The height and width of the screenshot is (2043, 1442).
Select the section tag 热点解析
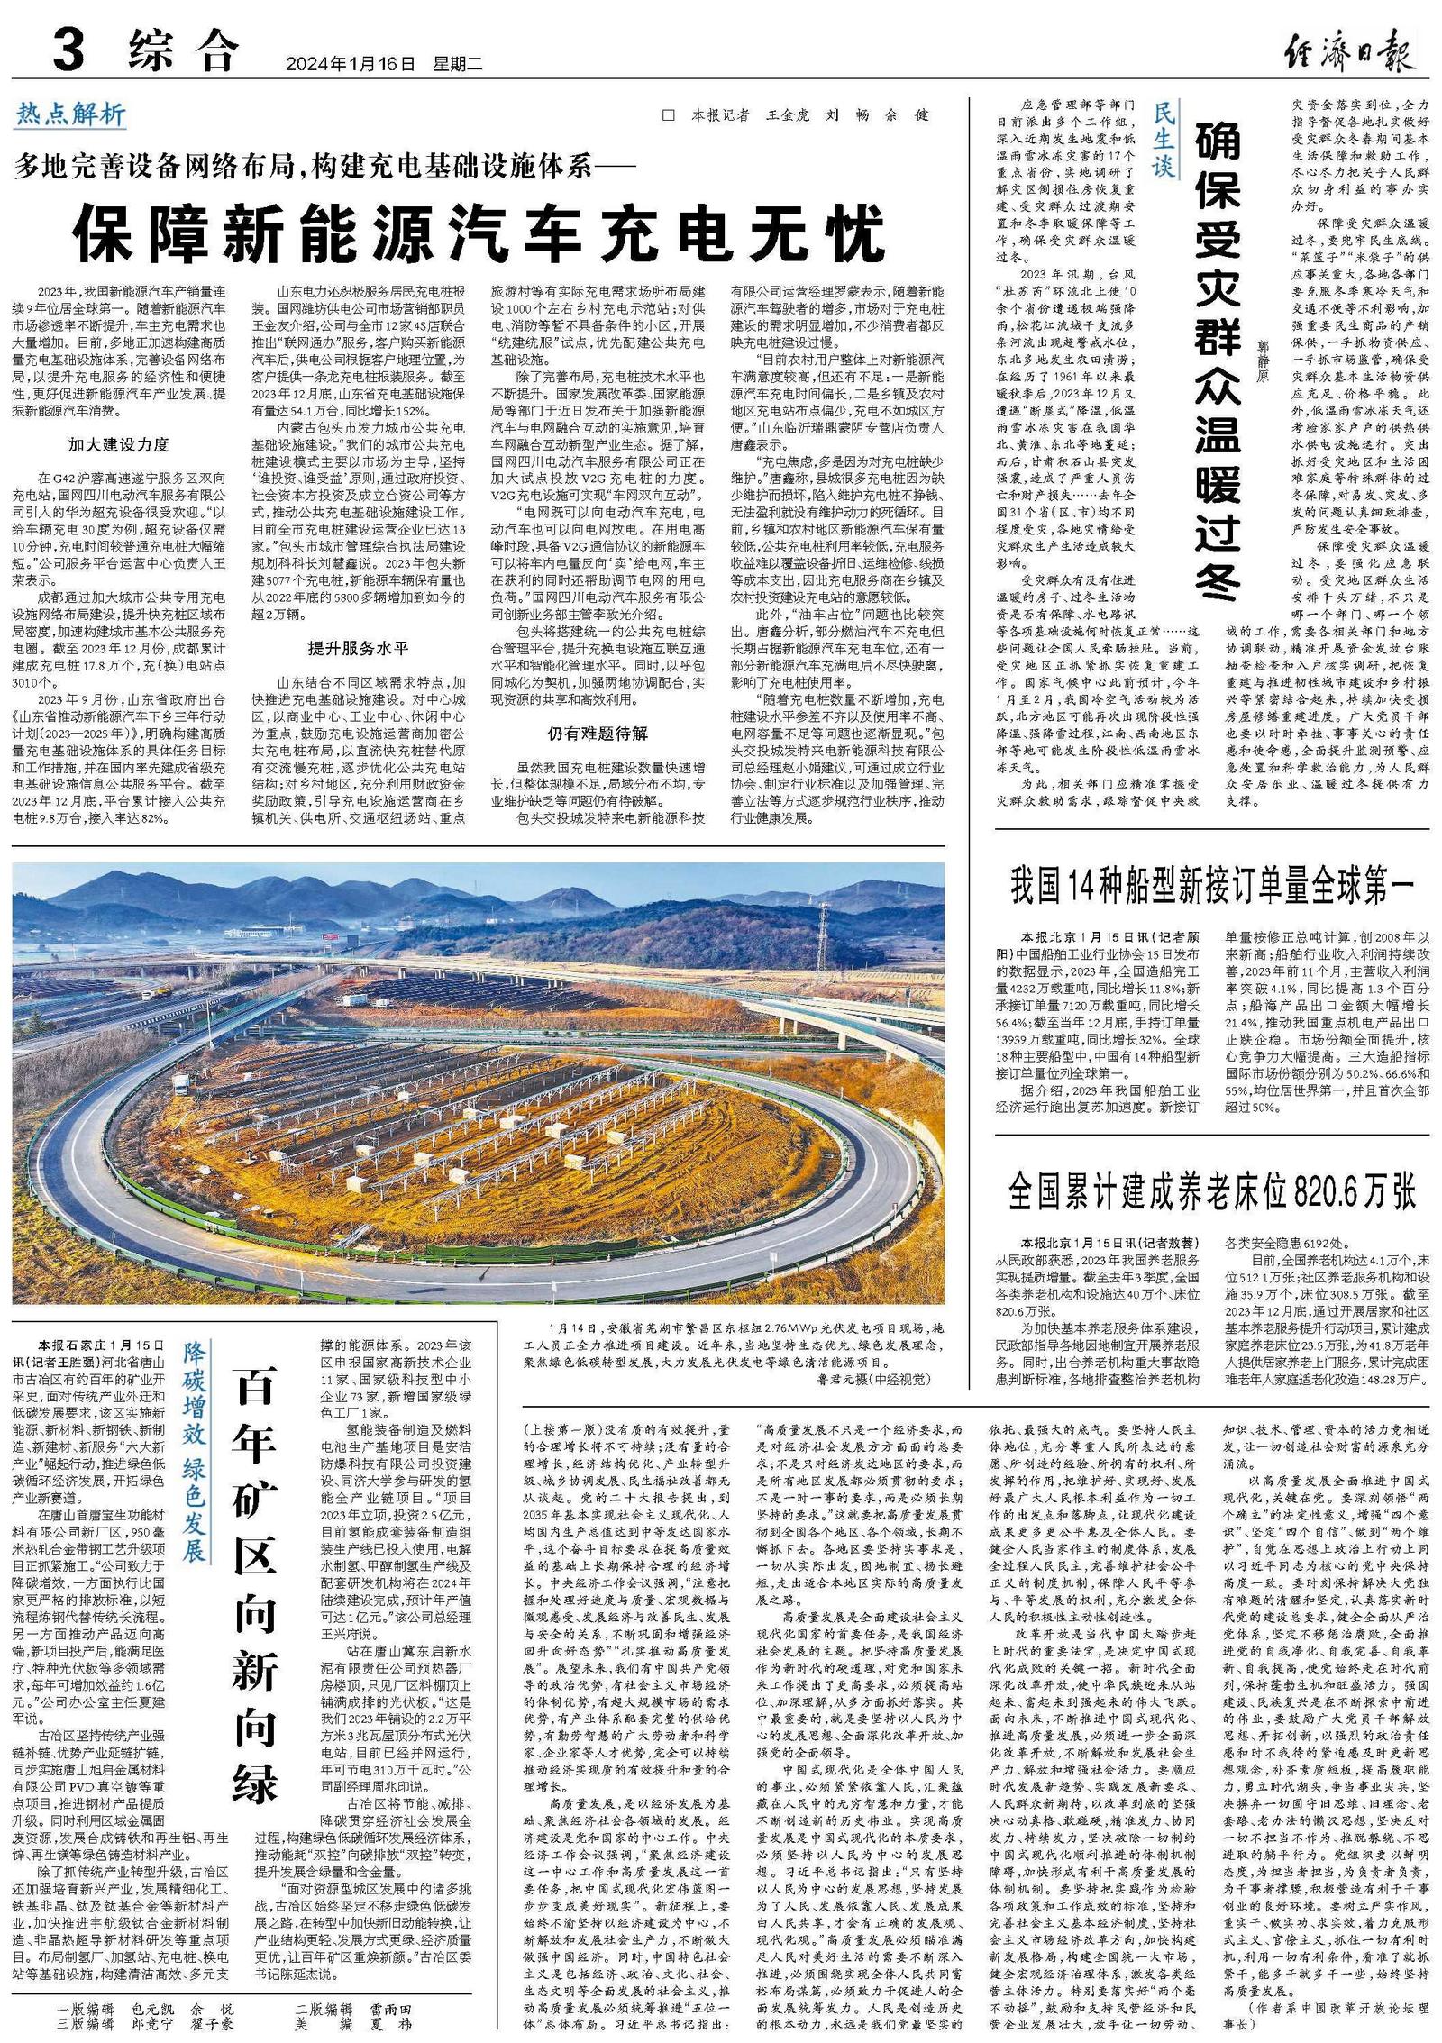[x=71, y=114]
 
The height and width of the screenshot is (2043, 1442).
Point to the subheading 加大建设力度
[x=118, y=444]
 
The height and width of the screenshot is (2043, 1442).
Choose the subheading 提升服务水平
[x=358, y=648]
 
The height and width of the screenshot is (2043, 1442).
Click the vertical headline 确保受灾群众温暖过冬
[x=1218, y=360]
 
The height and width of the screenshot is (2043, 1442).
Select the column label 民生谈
[x=1164, y=139]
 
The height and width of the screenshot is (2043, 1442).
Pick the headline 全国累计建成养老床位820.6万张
[x=1212, y=1191]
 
